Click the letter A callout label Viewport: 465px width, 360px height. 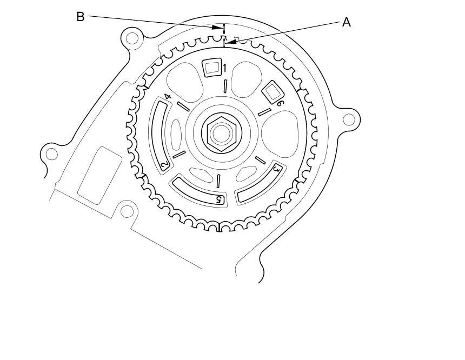pos(347,22)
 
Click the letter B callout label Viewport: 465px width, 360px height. pos(80,17)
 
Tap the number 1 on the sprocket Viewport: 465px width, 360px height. pos(224,68)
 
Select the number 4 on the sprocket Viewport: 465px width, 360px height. pos(168,97)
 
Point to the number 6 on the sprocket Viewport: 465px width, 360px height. pos(280,103)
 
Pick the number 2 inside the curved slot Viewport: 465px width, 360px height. pos(164,164)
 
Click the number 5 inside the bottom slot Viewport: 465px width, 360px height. pos(219,199)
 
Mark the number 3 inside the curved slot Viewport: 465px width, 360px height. pos(276,169)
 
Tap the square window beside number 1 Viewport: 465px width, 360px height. pos(211,68)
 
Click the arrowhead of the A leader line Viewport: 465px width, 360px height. pos(230,41)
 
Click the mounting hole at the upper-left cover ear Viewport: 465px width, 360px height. pos(131,38)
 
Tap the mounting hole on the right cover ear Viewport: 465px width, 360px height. pos(349,118)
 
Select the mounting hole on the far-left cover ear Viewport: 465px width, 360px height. pos(51,154)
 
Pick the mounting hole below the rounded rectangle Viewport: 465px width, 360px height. pos(126,211)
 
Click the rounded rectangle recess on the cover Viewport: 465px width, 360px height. pos(99,175)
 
